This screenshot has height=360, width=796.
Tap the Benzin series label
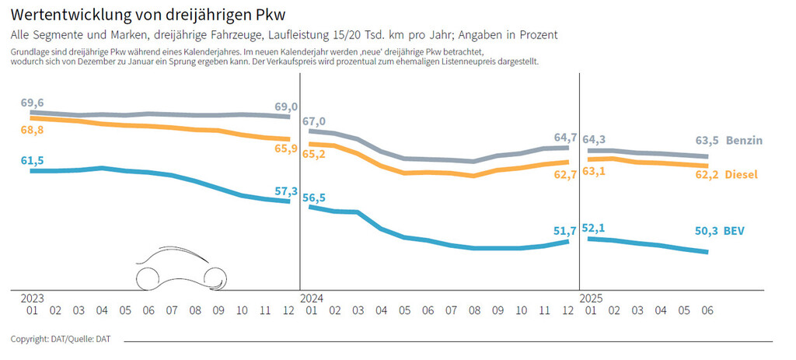tap(745, 141)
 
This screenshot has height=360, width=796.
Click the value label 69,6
tap(32, 103)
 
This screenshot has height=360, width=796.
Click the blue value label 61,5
tap(32, 160)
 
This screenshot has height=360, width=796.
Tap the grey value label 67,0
tap(314, 121)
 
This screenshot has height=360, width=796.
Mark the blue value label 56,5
tap(314, 198)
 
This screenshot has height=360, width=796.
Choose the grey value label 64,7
tap(566, 138)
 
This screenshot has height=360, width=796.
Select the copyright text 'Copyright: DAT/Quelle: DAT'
tap(60, 339)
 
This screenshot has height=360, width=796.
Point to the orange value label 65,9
tap(286, 148)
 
